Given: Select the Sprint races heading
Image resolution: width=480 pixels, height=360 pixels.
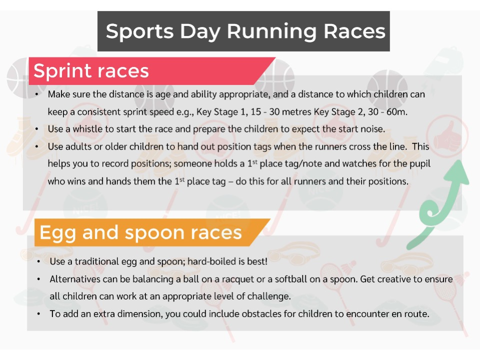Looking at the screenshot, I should (91, 71).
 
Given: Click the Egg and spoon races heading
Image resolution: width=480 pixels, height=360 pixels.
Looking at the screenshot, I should (140, 232).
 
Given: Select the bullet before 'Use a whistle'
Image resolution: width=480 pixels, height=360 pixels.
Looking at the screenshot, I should (38, 128).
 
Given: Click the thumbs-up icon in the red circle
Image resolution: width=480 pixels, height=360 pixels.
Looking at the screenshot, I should (451, 134).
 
